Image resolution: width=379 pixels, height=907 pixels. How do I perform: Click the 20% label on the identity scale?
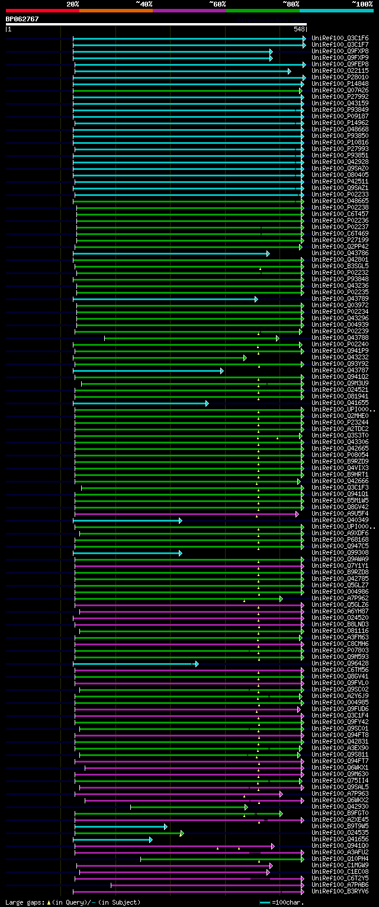pos(73,4)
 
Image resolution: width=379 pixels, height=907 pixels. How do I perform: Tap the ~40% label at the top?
pos(144,4)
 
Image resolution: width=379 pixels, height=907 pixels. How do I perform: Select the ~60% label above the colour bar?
pos(217,4)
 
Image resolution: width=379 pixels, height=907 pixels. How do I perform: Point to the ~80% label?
pos(291,4)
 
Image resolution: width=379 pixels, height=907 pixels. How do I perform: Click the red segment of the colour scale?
pos(42,11)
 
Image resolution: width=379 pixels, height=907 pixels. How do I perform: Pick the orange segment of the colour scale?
pos(115,11)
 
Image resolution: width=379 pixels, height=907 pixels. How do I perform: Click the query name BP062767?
pos(23,19)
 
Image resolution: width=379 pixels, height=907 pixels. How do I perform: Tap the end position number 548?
pos(298,29)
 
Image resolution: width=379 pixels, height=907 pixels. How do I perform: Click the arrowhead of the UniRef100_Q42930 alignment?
pos(246,806)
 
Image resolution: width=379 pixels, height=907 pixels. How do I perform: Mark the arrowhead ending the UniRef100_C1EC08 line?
pos(268,871)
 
